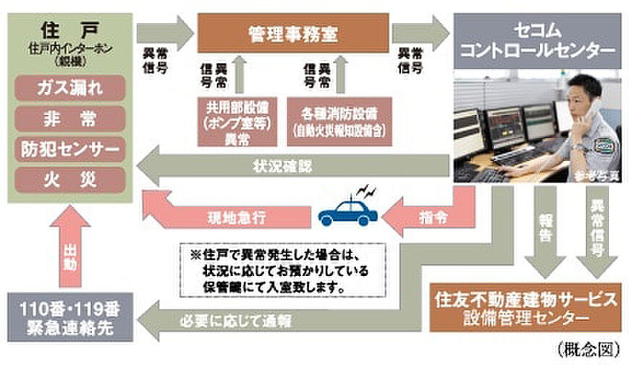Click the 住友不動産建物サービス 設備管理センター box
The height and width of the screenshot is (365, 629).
click(527, 308)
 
